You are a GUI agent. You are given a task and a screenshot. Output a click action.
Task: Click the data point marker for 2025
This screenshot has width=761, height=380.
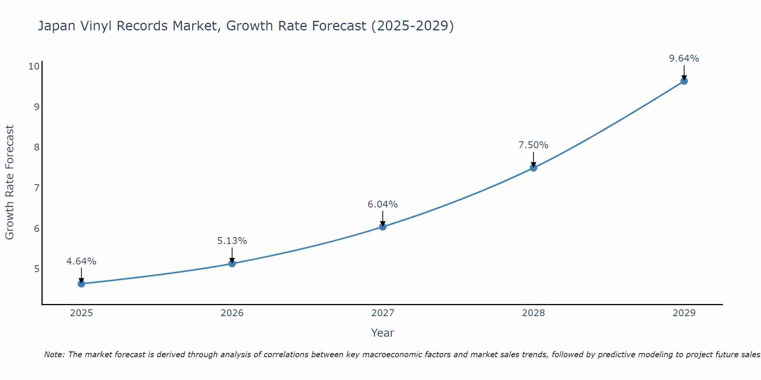(81, 283)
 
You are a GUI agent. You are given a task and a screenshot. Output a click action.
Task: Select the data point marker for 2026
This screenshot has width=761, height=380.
(232, 263)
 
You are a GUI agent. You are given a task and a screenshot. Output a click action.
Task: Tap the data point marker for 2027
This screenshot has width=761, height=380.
(383, 227)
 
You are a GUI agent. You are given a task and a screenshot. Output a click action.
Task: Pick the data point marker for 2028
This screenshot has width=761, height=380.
(533, 168)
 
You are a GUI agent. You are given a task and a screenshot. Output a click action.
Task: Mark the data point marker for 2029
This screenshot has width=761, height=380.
(684, 81)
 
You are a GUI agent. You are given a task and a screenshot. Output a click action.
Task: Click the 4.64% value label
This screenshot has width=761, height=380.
(81, 261)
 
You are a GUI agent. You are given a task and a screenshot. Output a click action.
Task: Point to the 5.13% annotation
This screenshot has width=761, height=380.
(232, 241)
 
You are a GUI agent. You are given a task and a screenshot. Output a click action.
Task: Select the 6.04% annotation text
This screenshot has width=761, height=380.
(383, 204)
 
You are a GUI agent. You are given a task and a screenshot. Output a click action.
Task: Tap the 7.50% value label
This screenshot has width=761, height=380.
(533, 145)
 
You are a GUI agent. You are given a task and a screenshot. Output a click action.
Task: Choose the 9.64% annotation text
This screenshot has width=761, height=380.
(684, 59)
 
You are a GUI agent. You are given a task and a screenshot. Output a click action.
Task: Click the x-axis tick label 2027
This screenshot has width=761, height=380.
(383, 313)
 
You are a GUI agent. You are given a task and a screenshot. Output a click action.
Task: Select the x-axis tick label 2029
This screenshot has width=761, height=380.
(684, 313)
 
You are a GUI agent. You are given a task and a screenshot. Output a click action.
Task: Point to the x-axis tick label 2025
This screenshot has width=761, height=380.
(81, 313)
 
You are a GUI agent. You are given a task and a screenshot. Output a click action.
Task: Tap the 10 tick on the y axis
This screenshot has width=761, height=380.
(34, 66)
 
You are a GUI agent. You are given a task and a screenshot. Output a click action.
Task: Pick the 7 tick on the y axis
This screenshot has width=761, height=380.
(37, 188)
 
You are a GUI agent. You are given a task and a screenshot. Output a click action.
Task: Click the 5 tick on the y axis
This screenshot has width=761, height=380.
(37, 269)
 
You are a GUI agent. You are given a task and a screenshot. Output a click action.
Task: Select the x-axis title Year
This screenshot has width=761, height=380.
(383, 333)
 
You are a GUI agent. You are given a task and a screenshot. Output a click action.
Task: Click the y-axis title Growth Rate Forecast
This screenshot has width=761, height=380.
(10, 182)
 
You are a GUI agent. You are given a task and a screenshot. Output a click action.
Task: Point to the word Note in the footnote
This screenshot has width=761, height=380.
(54, 355)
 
